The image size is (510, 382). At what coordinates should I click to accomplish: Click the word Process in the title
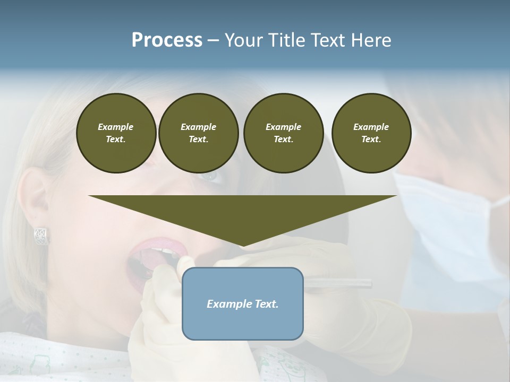click(x=167, y=40)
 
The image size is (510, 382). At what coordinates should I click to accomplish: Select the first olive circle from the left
click(x=116, y=133)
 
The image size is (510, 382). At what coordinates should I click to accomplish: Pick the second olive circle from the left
click(x=198, y=133)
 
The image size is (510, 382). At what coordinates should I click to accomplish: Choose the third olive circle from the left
click(x=283, y=133)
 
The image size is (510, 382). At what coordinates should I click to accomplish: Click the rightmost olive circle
click(x=371, y=133)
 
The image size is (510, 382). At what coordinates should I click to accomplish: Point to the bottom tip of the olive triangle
click(x=243, y=246)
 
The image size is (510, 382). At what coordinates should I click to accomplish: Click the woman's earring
click(x=41, y=235)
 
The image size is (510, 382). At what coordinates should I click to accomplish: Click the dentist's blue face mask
click(x=452, y=228)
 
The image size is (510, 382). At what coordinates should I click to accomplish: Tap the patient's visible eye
click(x=210, y=176)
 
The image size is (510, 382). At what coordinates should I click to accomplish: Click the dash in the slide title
click(x=214, y=41)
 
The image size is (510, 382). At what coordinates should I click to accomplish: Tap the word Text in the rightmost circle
click(x=371, y=140)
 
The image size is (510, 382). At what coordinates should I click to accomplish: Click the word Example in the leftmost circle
click(x=116, y=127)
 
